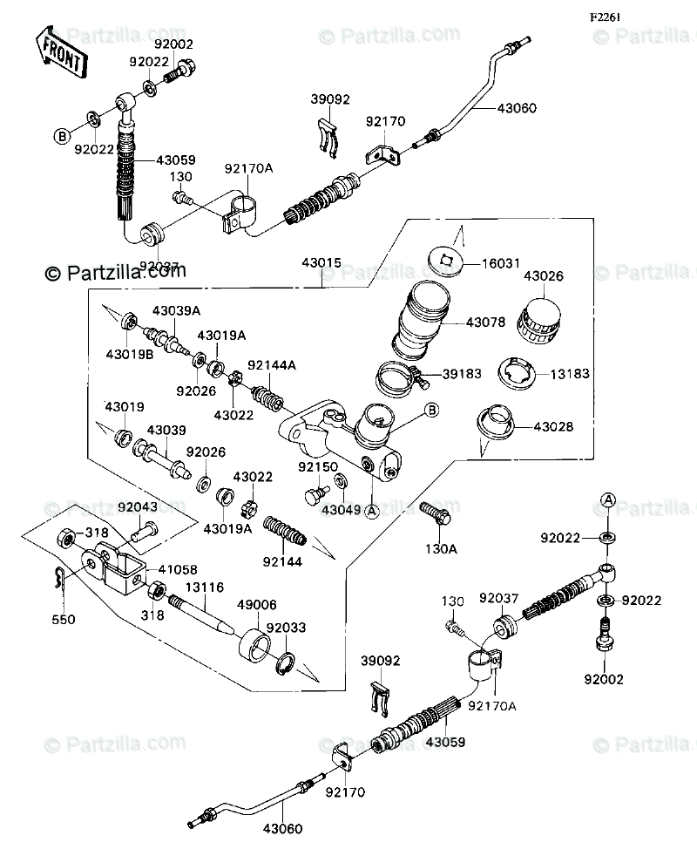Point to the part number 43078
485,323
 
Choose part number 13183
570,373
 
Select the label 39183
464,373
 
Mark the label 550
64,620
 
